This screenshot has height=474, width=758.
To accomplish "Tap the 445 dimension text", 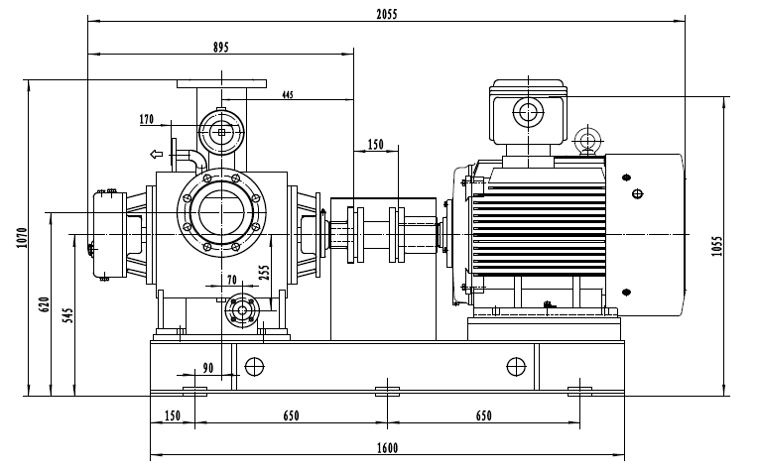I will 287,95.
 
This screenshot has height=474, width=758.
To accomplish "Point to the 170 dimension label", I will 148,120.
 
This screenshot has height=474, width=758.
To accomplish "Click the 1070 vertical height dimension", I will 21,238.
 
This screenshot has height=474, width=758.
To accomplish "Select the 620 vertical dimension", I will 44,303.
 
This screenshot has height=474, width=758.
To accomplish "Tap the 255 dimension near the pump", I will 264,273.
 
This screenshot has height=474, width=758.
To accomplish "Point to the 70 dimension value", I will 231,281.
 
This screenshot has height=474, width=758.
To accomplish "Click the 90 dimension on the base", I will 207,368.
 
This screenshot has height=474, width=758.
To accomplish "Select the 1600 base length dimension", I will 387,448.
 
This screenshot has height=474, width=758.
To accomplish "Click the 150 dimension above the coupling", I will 375,145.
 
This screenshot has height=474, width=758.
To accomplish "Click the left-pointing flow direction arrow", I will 156,154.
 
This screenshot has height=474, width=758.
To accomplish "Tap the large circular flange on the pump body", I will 222,213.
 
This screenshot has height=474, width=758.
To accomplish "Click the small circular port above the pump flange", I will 220,130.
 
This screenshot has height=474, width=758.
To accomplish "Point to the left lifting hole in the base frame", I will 253,365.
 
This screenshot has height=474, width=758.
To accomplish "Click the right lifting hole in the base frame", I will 515,365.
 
